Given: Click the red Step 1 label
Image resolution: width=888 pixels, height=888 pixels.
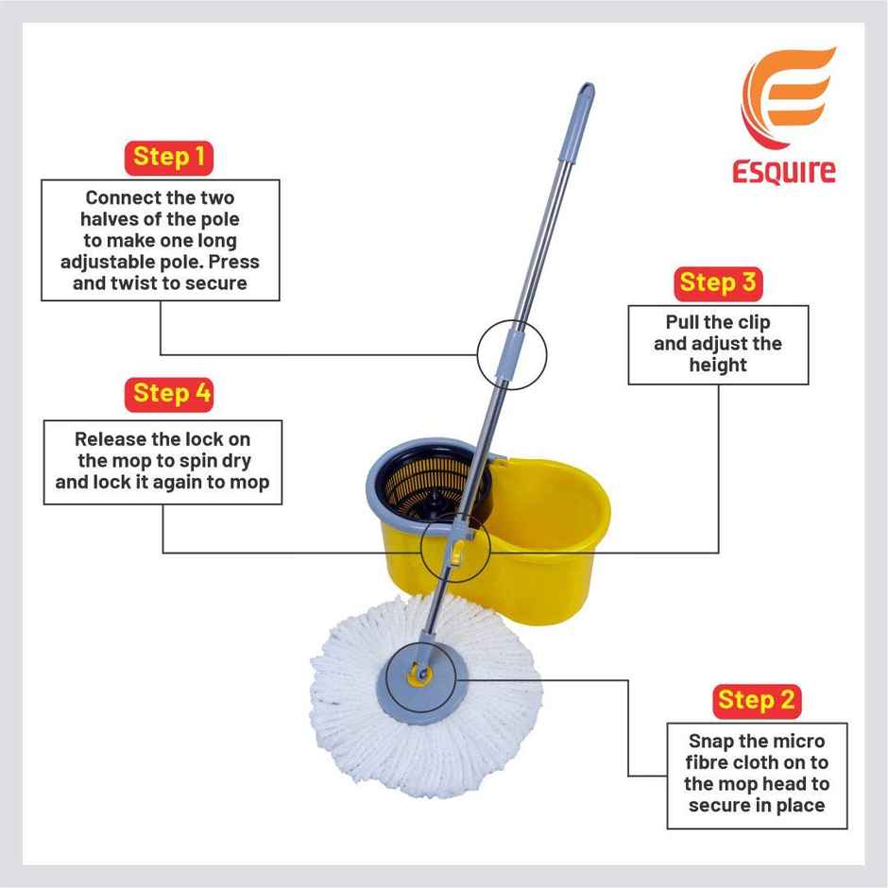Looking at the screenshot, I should [x=169, y=157].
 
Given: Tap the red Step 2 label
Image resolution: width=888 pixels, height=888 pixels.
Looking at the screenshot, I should [x=756, y=700].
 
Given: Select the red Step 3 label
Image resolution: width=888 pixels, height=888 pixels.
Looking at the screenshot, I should [x=718, y=282].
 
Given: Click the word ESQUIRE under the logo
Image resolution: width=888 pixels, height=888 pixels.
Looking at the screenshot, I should [x=783, y=173].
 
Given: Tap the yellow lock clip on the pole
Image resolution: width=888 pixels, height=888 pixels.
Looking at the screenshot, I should [x=458, y=552].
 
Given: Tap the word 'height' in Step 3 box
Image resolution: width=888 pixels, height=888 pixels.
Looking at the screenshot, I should [x=718, y=365].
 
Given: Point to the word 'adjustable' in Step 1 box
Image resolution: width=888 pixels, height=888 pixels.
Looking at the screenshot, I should [x=103, y=262].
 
